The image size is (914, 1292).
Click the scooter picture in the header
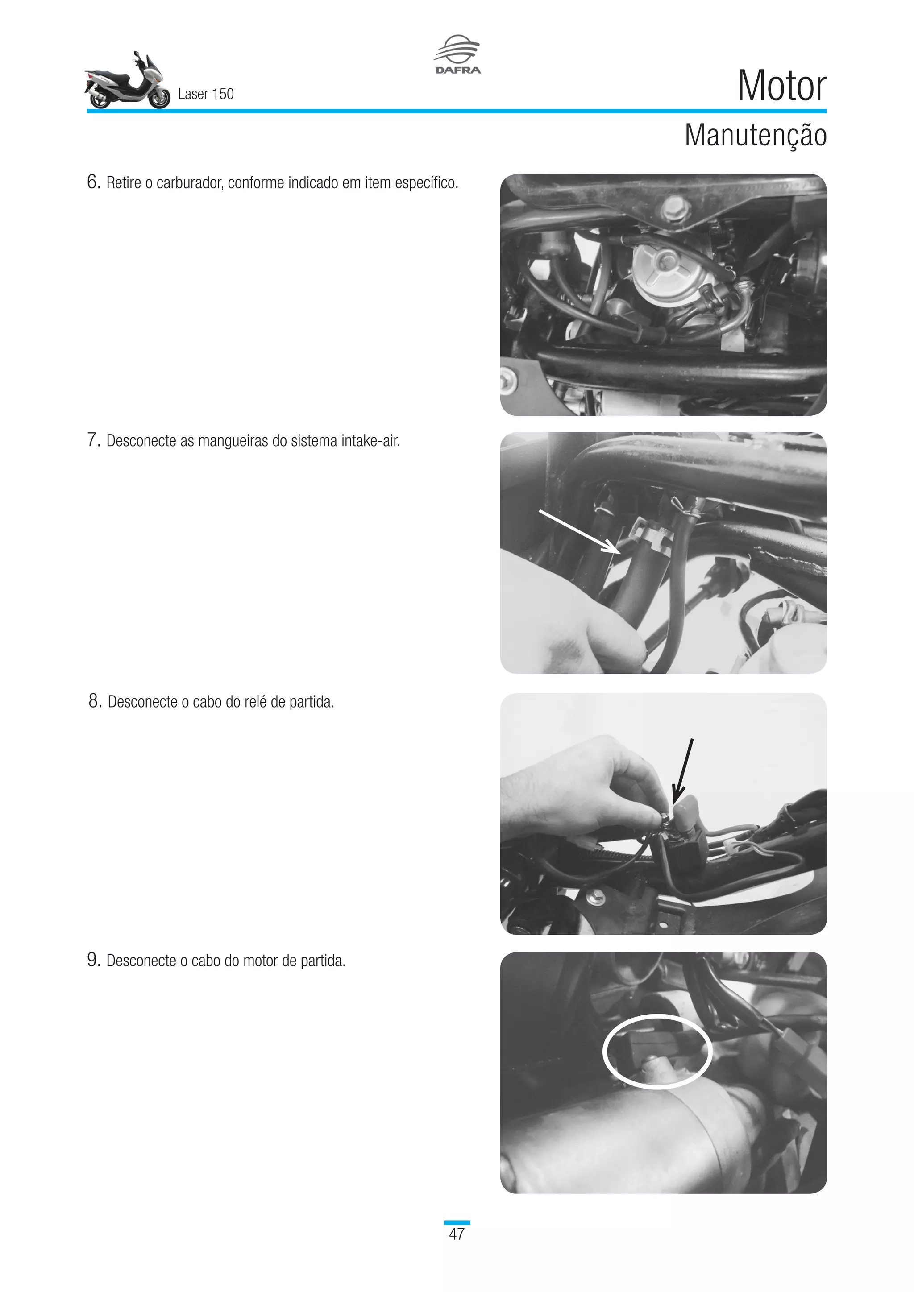(x=127, y=82)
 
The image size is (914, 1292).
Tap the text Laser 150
(x=205, y=94)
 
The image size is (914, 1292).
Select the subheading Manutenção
(x=755, y=136)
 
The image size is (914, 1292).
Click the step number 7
(x=93, y=440)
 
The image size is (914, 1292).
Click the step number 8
(x=95, y=701)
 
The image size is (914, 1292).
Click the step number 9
(x=93, y=960)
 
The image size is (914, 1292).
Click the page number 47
(x=457, y=1234)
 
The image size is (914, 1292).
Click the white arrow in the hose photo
(x=580, y=532)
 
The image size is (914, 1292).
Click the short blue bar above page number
(x=457, y=1222)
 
